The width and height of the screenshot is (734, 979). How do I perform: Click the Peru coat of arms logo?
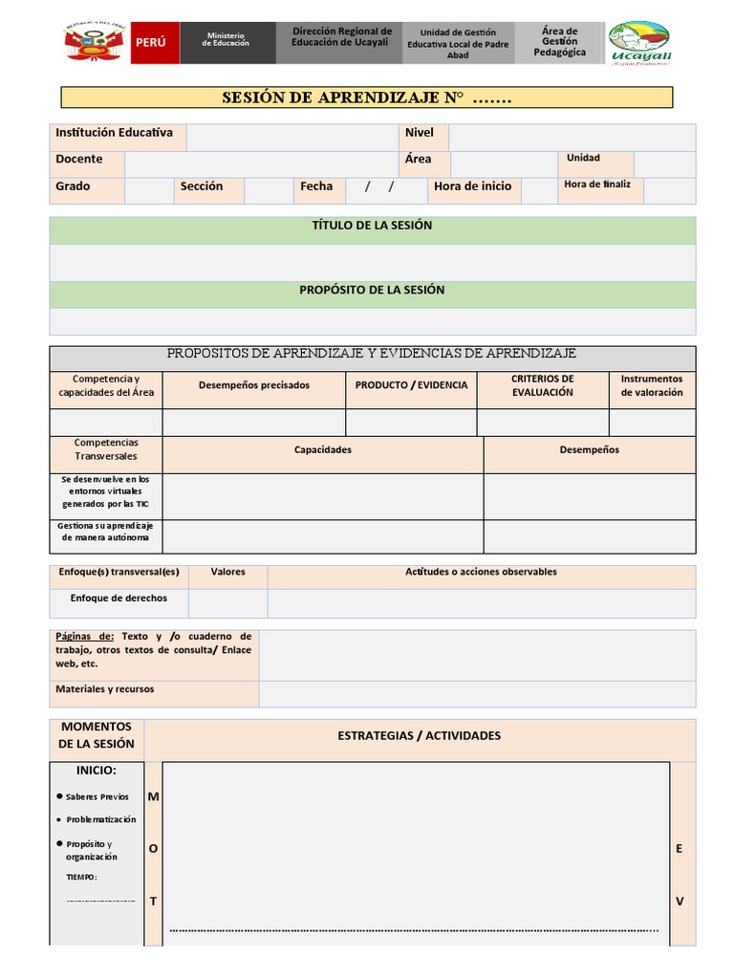coord(94,42)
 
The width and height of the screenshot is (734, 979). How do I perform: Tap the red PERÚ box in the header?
coord(153,43)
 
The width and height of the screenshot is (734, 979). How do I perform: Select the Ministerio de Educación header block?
coord(227,43)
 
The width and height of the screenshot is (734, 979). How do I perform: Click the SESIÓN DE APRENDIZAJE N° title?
coord(367,98)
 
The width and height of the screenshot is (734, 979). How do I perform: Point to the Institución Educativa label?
coord(115,133)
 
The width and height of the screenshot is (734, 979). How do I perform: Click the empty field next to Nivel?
coord(571,137)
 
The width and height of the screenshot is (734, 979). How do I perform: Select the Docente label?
coord(79,160)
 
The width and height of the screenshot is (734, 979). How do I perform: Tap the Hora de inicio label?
coord(472,186)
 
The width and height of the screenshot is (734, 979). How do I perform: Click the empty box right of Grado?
coord(149,190)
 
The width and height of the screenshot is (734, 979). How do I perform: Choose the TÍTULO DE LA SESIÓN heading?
coord(372,226)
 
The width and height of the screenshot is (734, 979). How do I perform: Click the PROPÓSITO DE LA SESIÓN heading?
coord(372,290)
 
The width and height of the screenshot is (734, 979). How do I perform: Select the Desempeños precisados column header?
coord(254,385)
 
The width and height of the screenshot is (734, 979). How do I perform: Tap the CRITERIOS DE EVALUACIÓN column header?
coord(542,385)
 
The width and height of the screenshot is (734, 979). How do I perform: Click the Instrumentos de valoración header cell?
coord(652,385)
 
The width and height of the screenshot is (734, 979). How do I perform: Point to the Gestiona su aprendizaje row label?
coord(106,532)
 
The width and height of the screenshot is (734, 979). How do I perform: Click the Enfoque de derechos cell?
coord(119,598)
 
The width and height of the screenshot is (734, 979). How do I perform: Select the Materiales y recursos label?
coord(105,689)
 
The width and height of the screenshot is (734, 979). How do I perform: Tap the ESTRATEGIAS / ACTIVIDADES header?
coord(419,736)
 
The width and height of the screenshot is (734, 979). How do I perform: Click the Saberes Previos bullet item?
coord(97,796)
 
